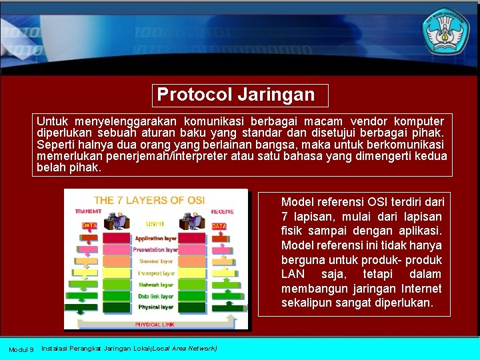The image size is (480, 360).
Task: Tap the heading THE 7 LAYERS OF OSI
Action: (149, 200)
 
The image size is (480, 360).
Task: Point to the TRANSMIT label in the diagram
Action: (89, 212)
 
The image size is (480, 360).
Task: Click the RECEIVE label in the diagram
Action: (223, 212)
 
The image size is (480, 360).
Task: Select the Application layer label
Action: (156, 238)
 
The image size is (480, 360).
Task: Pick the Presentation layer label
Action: (155, 250)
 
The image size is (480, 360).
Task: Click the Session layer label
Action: (156, 261)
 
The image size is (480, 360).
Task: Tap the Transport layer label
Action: (156, 273)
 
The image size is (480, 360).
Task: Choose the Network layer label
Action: (156, 285)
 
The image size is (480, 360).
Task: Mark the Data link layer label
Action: (156, 296)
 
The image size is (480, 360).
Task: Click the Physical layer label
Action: (156, 307)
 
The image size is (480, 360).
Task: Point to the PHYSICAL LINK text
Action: (155, 324)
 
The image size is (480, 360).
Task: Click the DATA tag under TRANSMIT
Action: (89, 226)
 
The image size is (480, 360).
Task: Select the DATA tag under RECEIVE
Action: (219, 227)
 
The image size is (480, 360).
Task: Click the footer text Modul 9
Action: (21, 349)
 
